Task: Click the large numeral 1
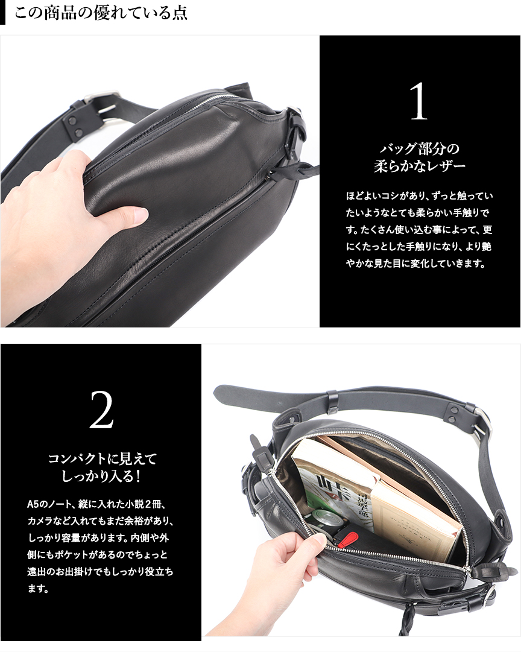coord(419,101)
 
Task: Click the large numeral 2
coord(101,410)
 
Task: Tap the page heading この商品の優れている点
coord(101,12)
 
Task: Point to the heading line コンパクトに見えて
coord(103,458)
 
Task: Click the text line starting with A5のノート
coord(97,504)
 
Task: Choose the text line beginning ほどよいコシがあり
coord(419,195)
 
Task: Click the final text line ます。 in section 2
coord(38,589)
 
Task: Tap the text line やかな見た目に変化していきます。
coord(416,263)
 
